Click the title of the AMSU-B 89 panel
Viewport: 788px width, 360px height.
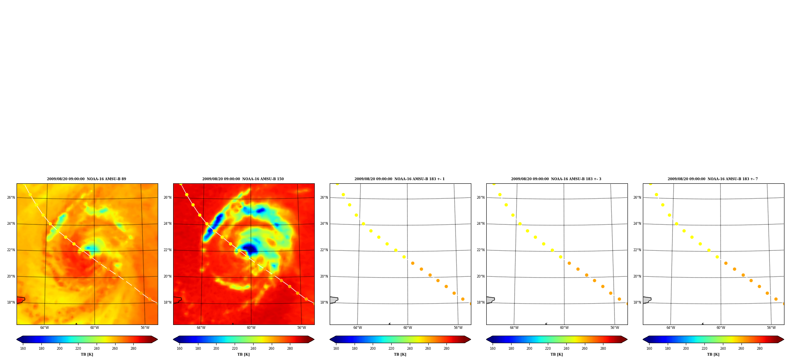pos(86,179)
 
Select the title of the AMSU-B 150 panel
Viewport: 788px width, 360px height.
pos(243,179)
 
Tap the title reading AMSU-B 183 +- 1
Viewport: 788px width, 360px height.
pos(400,179)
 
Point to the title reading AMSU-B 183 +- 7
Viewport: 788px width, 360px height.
pos(713,179)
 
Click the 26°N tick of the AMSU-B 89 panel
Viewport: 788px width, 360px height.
pos(11,198)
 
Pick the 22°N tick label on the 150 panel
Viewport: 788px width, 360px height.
pos(168,250)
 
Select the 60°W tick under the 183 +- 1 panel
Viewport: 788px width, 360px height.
pos(408,328)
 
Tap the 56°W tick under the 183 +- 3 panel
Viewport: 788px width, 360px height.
pos(615,328)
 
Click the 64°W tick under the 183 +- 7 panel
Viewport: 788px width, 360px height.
pos(671,328)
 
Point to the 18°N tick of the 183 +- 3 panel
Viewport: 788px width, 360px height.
pos(481,302)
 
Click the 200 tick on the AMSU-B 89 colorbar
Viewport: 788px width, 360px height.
pos(60,349)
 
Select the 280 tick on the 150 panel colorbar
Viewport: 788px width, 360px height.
pos(290,349)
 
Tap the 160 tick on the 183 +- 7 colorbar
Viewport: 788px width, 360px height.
pos(649,349)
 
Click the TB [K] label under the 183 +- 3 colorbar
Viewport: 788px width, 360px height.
pos(556,354)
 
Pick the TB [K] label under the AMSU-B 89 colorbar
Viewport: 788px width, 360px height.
pos(87,354)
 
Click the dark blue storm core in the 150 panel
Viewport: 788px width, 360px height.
pos(249,249)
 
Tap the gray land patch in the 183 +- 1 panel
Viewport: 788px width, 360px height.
pos(334,300)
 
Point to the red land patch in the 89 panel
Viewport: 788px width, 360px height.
pos(21,300)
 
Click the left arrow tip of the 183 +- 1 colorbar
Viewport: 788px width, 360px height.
pos(330,339)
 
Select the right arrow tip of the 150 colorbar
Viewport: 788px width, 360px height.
pos(314,339)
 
